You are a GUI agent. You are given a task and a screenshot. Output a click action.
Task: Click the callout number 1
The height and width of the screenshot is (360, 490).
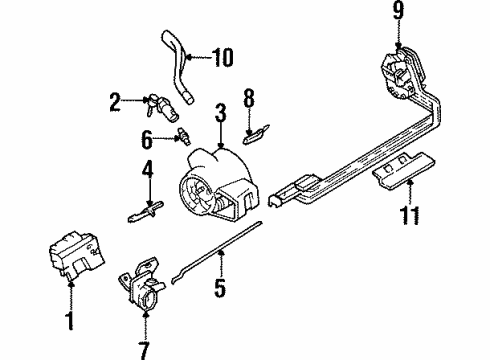point(70,321)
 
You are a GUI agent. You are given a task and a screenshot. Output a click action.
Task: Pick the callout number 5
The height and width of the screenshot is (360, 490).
point(220,291)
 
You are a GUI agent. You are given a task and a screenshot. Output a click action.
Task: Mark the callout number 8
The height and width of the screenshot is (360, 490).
point(250,100)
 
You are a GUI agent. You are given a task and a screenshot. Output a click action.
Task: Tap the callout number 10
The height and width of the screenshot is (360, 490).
point(222,57)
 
